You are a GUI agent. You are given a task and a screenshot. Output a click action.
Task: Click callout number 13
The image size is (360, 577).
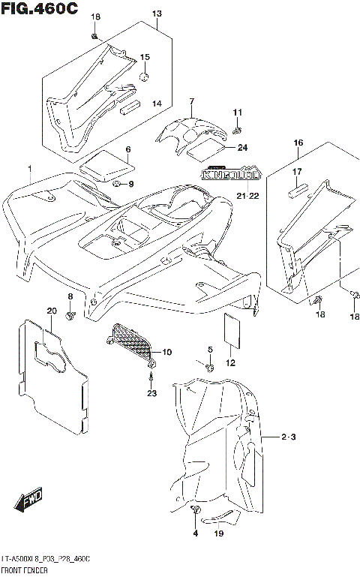point(157,14)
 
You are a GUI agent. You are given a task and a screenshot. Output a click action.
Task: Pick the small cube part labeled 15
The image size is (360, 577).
point(144,76)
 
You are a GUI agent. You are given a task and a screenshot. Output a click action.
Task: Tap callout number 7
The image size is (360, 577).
point(191,101)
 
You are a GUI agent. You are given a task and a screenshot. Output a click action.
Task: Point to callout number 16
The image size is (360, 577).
point(298,143)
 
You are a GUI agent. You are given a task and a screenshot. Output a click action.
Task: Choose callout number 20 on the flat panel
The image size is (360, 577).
point(51,311)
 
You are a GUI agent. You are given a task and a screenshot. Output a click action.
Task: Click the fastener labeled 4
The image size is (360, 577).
point(197,511)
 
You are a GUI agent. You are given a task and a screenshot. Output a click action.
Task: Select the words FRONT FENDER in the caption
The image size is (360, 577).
point(22,571)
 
